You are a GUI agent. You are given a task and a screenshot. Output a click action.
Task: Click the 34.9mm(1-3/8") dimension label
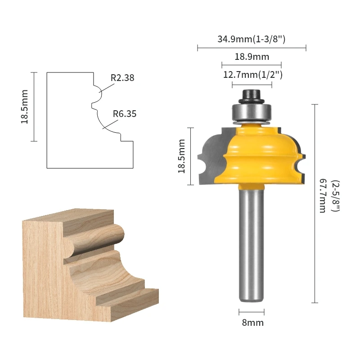pos(252,39)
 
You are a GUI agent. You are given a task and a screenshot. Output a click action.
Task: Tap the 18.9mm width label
pos(252,57)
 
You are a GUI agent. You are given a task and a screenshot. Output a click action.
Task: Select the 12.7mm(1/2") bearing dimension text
pos(253,75)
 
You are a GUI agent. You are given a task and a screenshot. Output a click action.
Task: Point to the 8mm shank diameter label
pos(252,323)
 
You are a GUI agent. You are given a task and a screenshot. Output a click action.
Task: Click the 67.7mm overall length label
pos(323,196)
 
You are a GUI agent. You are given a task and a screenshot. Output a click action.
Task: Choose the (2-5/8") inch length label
pos(335,196)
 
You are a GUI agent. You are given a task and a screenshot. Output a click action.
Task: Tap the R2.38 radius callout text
pos(122,78)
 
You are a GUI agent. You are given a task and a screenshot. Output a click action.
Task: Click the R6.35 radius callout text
pos(125,114)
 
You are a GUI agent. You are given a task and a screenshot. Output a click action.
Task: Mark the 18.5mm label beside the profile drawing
pos(25,107)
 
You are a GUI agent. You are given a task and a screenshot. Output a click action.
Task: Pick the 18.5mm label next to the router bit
pos(182,156)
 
